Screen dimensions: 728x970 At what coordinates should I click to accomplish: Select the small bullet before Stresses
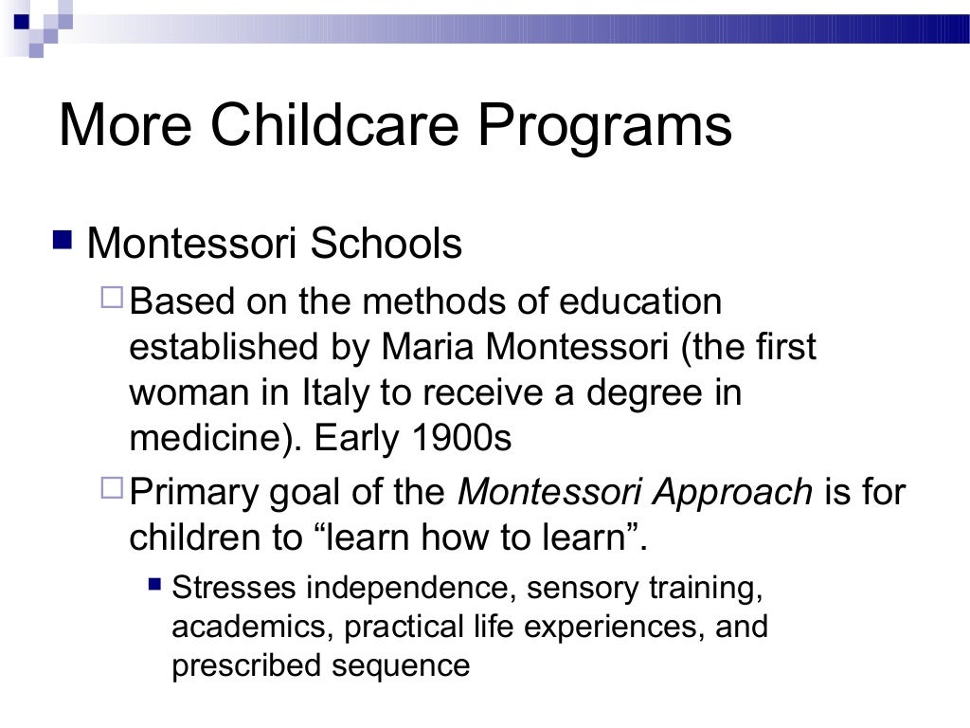coord(156,586)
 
